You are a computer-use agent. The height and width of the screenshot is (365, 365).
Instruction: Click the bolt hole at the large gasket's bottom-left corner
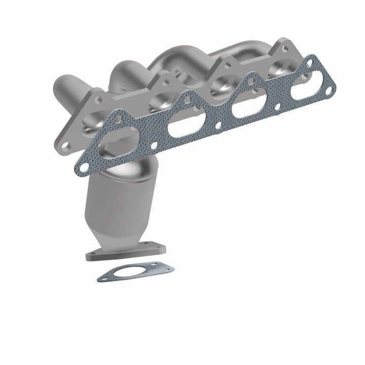tap(83, 163)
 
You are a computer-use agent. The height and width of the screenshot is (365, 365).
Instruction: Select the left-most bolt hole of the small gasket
tap(105, 277)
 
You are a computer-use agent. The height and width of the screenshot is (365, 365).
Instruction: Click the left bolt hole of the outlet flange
tap(93, 253)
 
